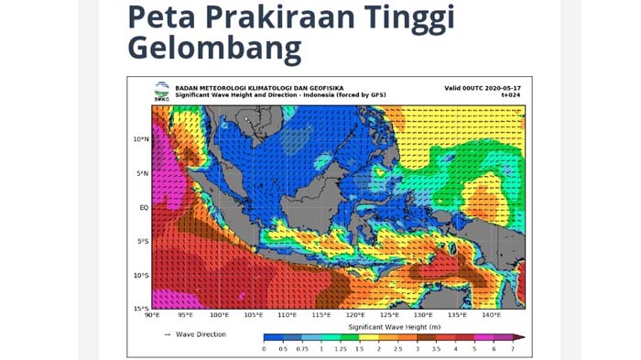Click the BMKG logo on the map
tap(161, 90)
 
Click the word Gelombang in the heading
tap(214, 47)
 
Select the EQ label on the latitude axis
tap(144, 207)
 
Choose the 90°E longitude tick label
tap(152, 316)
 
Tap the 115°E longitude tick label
tap(320, 316)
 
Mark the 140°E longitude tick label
tap(490, 316)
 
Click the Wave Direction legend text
tap(201, 334)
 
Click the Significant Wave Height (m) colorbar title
tap(394, 326)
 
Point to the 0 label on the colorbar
tap(264, 349)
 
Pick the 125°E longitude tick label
tap(388, 316)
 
